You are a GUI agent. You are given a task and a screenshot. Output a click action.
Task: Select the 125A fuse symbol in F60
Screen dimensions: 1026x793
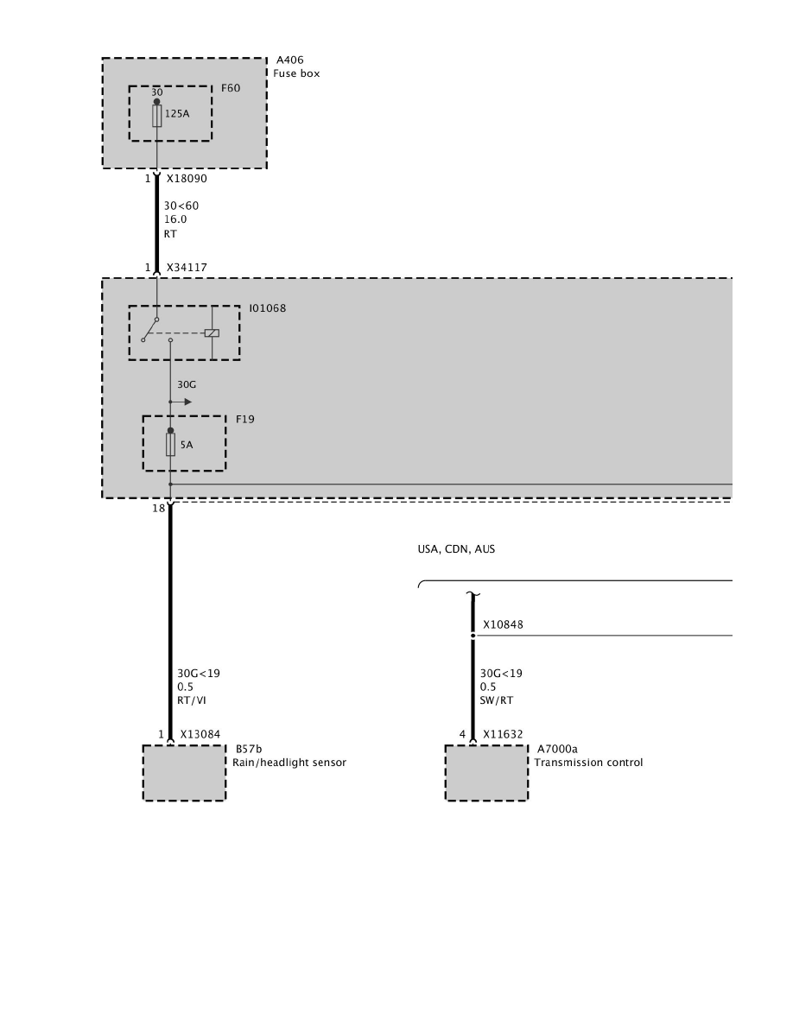tap(156, 116)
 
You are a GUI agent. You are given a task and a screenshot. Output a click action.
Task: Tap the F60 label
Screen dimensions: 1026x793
tap(230, 88)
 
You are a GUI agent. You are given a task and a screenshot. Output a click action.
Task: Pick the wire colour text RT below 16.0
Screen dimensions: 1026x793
tap(169, 233)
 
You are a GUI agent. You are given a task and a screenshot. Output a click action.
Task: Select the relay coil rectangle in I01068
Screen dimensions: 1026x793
tap(213, 332)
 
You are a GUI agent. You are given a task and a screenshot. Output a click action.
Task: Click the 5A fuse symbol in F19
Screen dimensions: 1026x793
tap(170, 445)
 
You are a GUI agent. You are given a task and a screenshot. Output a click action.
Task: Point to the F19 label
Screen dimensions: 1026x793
tap(245, 420)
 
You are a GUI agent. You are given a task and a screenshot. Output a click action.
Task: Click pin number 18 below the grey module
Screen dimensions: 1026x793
tap(158, 509)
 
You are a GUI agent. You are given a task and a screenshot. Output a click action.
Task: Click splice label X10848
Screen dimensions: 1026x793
tap(503, 624)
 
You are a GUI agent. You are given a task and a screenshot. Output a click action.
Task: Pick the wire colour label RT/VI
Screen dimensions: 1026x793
tap(191, 700)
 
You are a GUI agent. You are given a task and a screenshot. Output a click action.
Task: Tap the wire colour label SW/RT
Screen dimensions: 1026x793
tap(495, 700)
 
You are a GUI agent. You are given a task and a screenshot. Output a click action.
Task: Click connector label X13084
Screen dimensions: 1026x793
tap(200, 735)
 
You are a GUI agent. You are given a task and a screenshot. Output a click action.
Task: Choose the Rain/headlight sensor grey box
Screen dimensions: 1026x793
tap(184, 773)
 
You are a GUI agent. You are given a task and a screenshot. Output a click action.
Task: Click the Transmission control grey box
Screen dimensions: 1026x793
tap(486, 773)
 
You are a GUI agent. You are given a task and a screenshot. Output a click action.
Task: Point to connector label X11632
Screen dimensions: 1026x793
tap(502, 735)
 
